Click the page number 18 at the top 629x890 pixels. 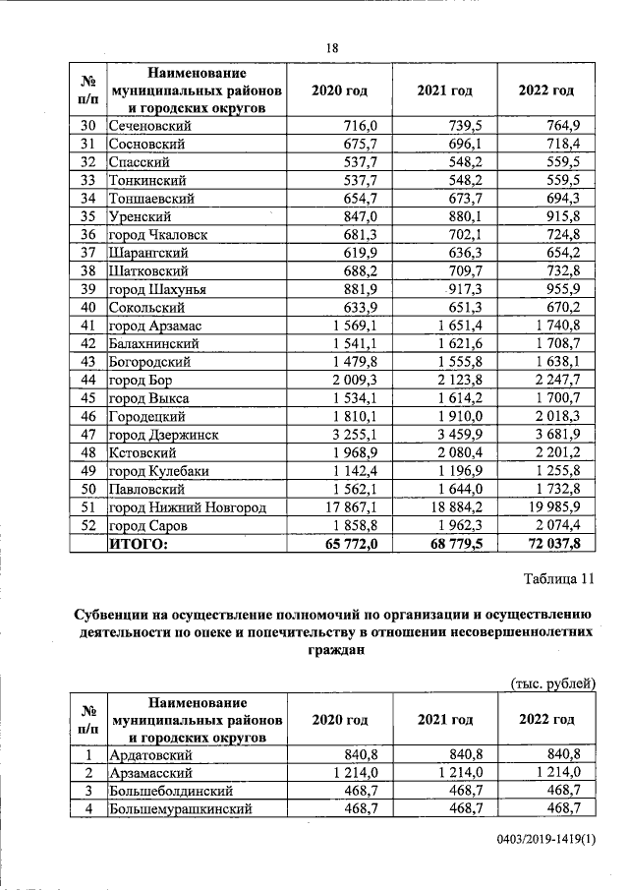(x=331, y=48)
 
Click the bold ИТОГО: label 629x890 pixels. (x=139, y=543)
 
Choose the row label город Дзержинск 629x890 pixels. (x=163, y=435)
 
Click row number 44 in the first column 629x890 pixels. (x=87, y=380)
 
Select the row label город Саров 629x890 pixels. (x=150, y=525)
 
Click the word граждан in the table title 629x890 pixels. (x=331, y=649)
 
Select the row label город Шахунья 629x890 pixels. (x=157, y=289)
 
